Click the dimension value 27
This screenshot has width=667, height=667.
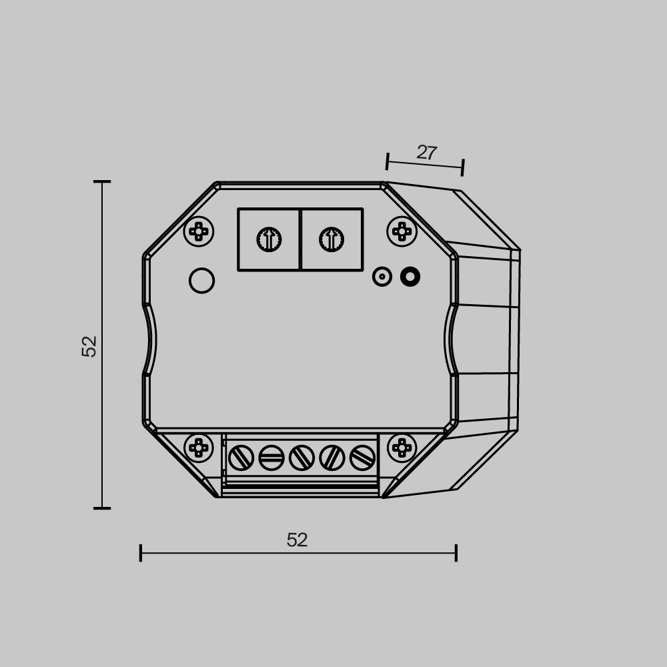(x=426, y=153)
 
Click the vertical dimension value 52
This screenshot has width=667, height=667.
(x=89, y=346)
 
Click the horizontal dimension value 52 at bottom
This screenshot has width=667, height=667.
(x=297, y=540)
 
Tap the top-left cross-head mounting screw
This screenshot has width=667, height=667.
(x=199, y=231)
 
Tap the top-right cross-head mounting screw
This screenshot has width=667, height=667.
(x=402, y=231)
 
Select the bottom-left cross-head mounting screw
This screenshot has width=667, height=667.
(x=199, y=448)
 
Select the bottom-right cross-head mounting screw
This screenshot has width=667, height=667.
(x=402, y=448)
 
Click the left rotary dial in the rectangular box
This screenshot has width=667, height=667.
(x=269, y=239)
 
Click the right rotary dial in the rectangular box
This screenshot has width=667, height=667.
(x=331, y=239)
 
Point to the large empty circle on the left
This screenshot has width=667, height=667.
(x=201, y=280)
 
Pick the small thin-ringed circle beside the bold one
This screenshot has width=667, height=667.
(x=382, y=276)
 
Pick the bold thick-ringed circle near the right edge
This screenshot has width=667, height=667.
(x=410, y=276)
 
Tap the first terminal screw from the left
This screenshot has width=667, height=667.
(x=241, y=458)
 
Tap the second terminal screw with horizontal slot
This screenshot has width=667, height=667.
(x=271, y=458)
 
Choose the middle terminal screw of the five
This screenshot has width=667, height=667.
(x=301, y=458)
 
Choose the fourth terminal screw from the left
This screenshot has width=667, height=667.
(x=331, y=458)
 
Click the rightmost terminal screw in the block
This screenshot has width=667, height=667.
(x=362, y=458)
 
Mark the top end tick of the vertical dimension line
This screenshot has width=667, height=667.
(x=102, y=181)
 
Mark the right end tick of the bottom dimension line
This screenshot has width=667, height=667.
(x=456, y=552)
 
